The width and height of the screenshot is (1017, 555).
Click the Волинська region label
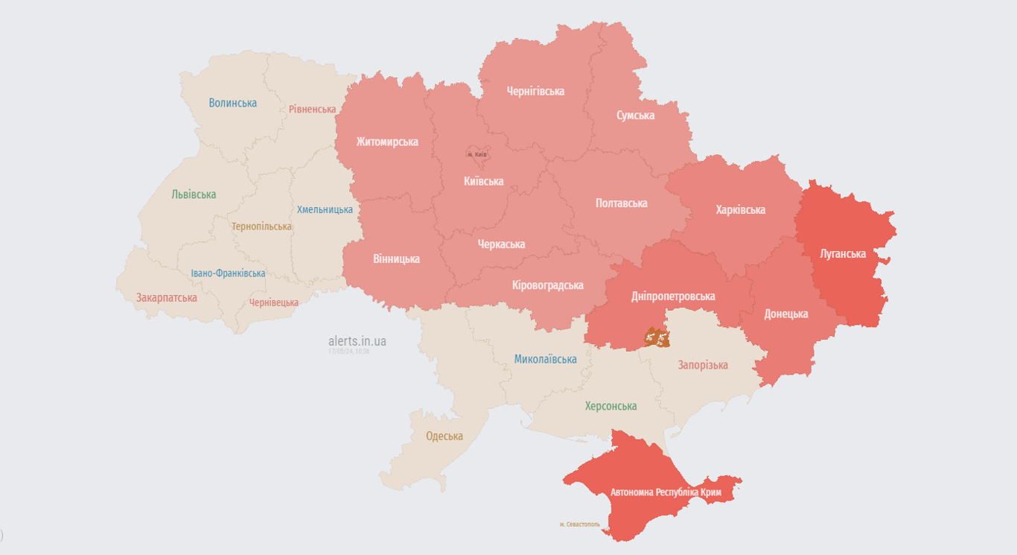tap(232, 103)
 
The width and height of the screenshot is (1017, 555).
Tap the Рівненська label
tap(312, 109)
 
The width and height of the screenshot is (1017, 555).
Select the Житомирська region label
tap(386, 142)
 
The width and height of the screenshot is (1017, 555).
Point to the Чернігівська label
tap(535, 91)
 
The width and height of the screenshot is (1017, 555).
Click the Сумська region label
tap(635, 115)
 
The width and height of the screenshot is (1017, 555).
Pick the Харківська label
tap(740, 209)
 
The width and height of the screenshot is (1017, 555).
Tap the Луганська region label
tap(843, 253)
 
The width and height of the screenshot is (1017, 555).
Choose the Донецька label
tap(785, 314)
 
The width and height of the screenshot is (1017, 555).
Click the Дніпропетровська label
tap(673, 296)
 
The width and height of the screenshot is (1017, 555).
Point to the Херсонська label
tap(610, 406)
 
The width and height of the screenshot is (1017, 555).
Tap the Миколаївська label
tap(545, 359)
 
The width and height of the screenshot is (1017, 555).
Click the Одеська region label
tap(444, 436)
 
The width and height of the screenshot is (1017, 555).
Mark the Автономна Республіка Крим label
tap(665, 492)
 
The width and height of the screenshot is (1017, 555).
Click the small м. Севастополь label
tap(579, 524)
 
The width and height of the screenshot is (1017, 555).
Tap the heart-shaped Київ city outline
tap(476, 153)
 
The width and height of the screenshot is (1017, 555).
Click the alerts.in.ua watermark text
tap(357, 341)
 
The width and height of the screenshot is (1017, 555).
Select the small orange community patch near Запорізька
tap(657, 337)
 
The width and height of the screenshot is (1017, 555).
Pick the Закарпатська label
tap(166, 297)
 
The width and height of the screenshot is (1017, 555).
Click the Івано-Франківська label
tap(228, 273)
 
